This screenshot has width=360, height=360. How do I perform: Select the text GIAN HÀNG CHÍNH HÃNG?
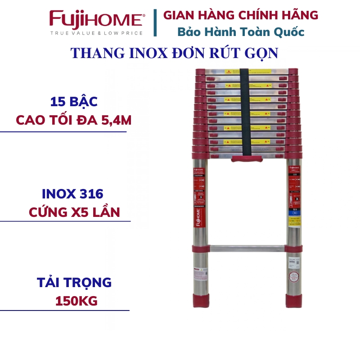tap(240, 15)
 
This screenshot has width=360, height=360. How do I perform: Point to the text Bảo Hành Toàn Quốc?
tap(240, 32)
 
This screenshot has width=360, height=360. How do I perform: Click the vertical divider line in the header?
tap(155, 22)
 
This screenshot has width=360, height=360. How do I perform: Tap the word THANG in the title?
tap(92, 53)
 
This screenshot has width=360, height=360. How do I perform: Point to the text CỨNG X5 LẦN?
tap(74, 212)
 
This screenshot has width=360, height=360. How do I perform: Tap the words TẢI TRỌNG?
tap(74, 283)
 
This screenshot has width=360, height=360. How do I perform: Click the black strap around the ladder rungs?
tap(245, 112)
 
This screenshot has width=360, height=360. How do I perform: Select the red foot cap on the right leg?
tap(294, 300)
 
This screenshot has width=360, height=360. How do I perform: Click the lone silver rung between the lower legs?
tap(247, 248)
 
